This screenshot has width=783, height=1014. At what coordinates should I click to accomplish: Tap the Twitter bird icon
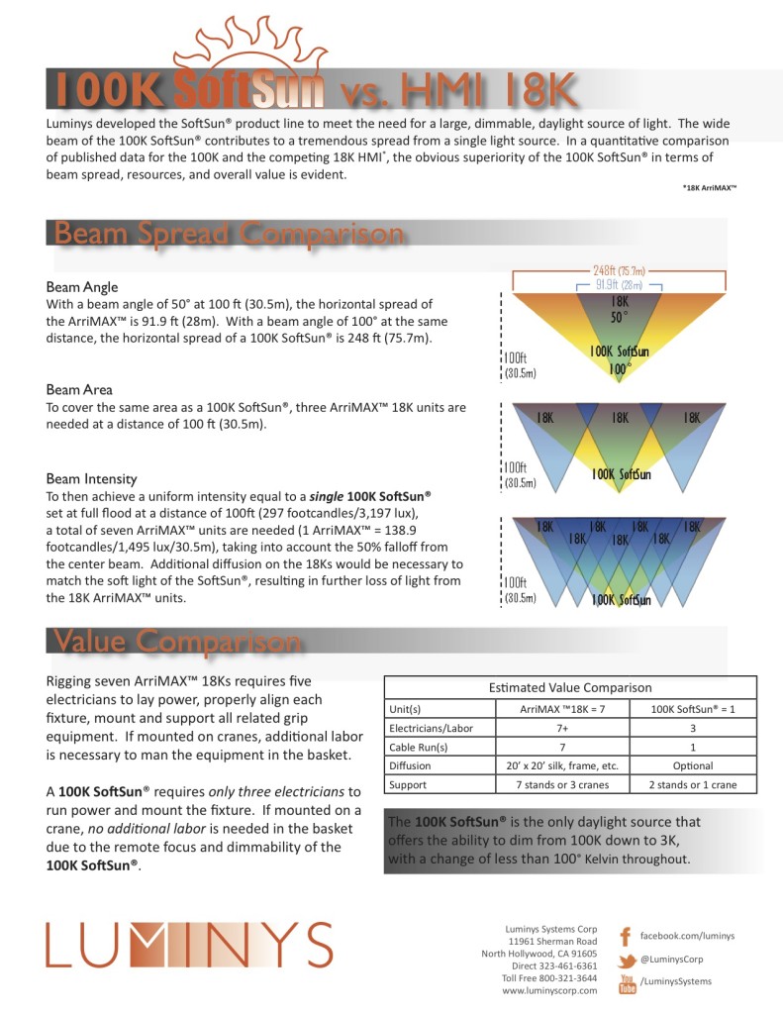click(626, 961)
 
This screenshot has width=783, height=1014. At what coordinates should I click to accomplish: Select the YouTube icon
click(627, 982)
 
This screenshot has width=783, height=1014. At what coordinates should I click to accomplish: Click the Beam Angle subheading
click(82, 287)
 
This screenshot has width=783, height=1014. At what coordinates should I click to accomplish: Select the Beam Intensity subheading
click(91, 479)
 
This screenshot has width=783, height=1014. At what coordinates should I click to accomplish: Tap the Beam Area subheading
click(79, 390)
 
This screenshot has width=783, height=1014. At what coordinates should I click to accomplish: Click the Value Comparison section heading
click(177, 642)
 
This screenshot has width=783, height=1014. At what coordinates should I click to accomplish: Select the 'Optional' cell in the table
click(692, 765)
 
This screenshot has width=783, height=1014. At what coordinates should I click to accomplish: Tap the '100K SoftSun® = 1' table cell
click(692, 709)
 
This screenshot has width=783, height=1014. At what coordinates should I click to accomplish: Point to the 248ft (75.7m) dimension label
click(620, 270)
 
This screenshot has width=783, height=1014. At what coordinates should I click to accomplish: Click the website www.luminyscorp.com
click(549, 990)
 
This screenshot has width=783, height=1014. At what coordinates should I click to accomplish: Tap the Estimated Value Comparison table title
click(570, 687)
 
